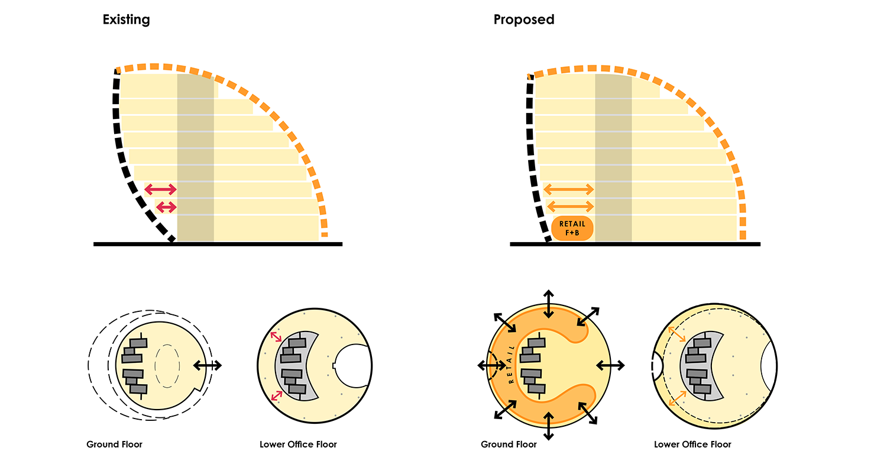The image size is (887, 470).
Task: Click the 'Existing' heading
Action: pos(126,20)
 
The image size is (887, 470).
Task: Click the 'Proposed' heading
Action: pos(524,20)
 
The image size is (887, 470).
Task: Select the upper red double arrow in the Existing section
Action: pos(161,189)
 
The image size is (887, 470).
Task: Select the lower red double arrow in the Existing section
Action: pos(166,207)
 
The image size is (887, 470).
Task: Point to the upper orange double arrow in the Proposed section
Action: pos(568,189)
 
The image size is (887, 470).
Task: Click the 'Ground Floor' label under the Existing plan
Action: pos(114,445)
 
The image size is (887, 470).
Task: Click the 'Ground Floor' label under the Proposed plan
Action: pos(509,445)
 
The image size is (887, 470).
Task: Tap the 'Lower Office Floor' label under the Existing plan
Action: pos(298,445)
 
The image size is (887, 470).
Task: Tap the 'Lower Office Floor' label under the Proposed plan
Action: pos(692,445)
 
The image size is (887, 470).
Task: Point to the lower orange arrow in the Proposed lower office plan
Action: pos(677,398)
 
